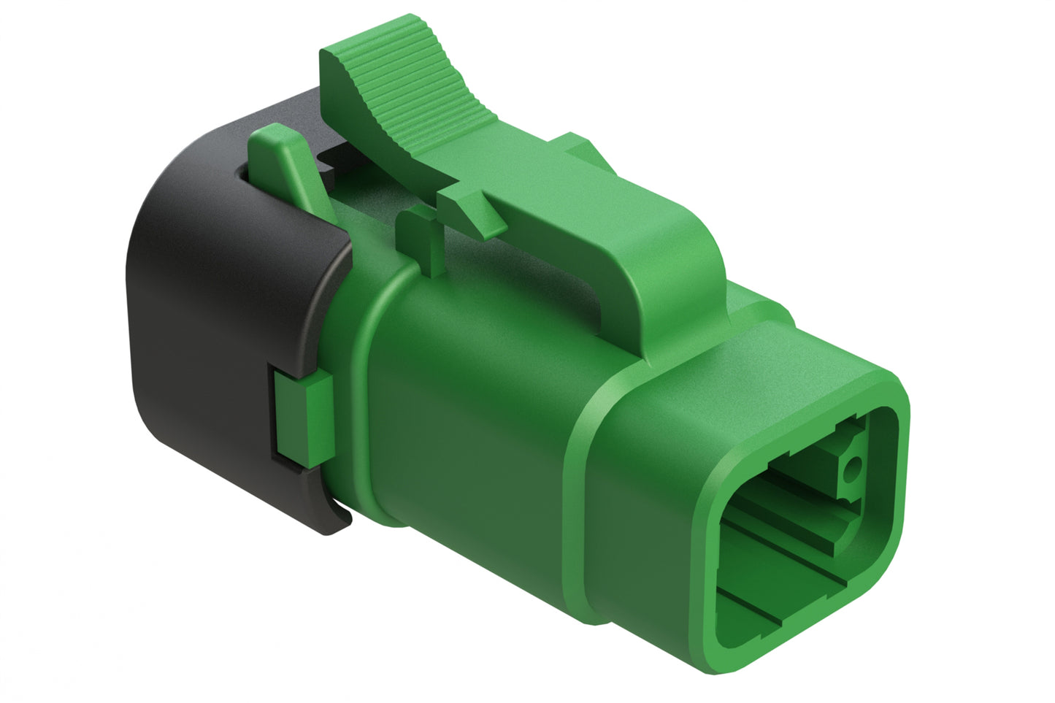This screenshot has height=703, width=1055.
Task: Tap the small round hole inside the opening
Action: pyautogui.click(x=848, y=469)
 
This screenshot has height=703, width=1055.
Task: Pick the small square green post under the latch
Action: pyautogui.click(x=420, y=237)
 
